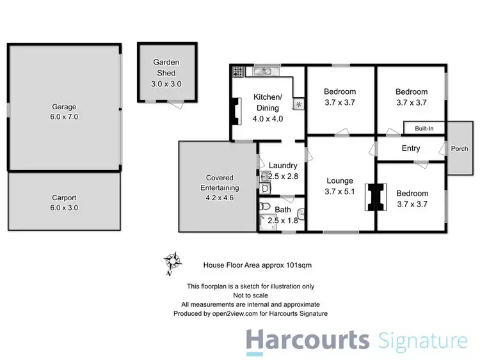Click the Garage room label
pyautogui.click(x=64, y=112)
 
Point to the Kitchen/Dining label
pyautogui.click(x=268, y=107)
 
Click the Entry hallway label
pyautogui.click(x=410, y=148)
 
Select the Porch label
pyautogui.click(x=460, y=148)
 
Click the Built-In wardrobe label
pyautogui.click(x=424, y=129)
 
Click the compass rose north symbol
pyautogui.click(x=172, y=262)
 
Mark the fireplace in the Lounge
pyautogui.click(x=374, y=197)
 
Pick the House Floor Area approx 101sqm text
pyautogui.click(x=257, y=263)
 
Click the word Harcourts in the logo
pyautogui.click(x=308, y=340)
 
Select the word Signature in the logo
pyautogui.click(x=422, y=340)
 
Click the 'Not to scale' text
pyautogui.click(x=250, y=295)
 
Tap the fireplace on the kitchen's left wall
pyautogui.click(x=236, y=111)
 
